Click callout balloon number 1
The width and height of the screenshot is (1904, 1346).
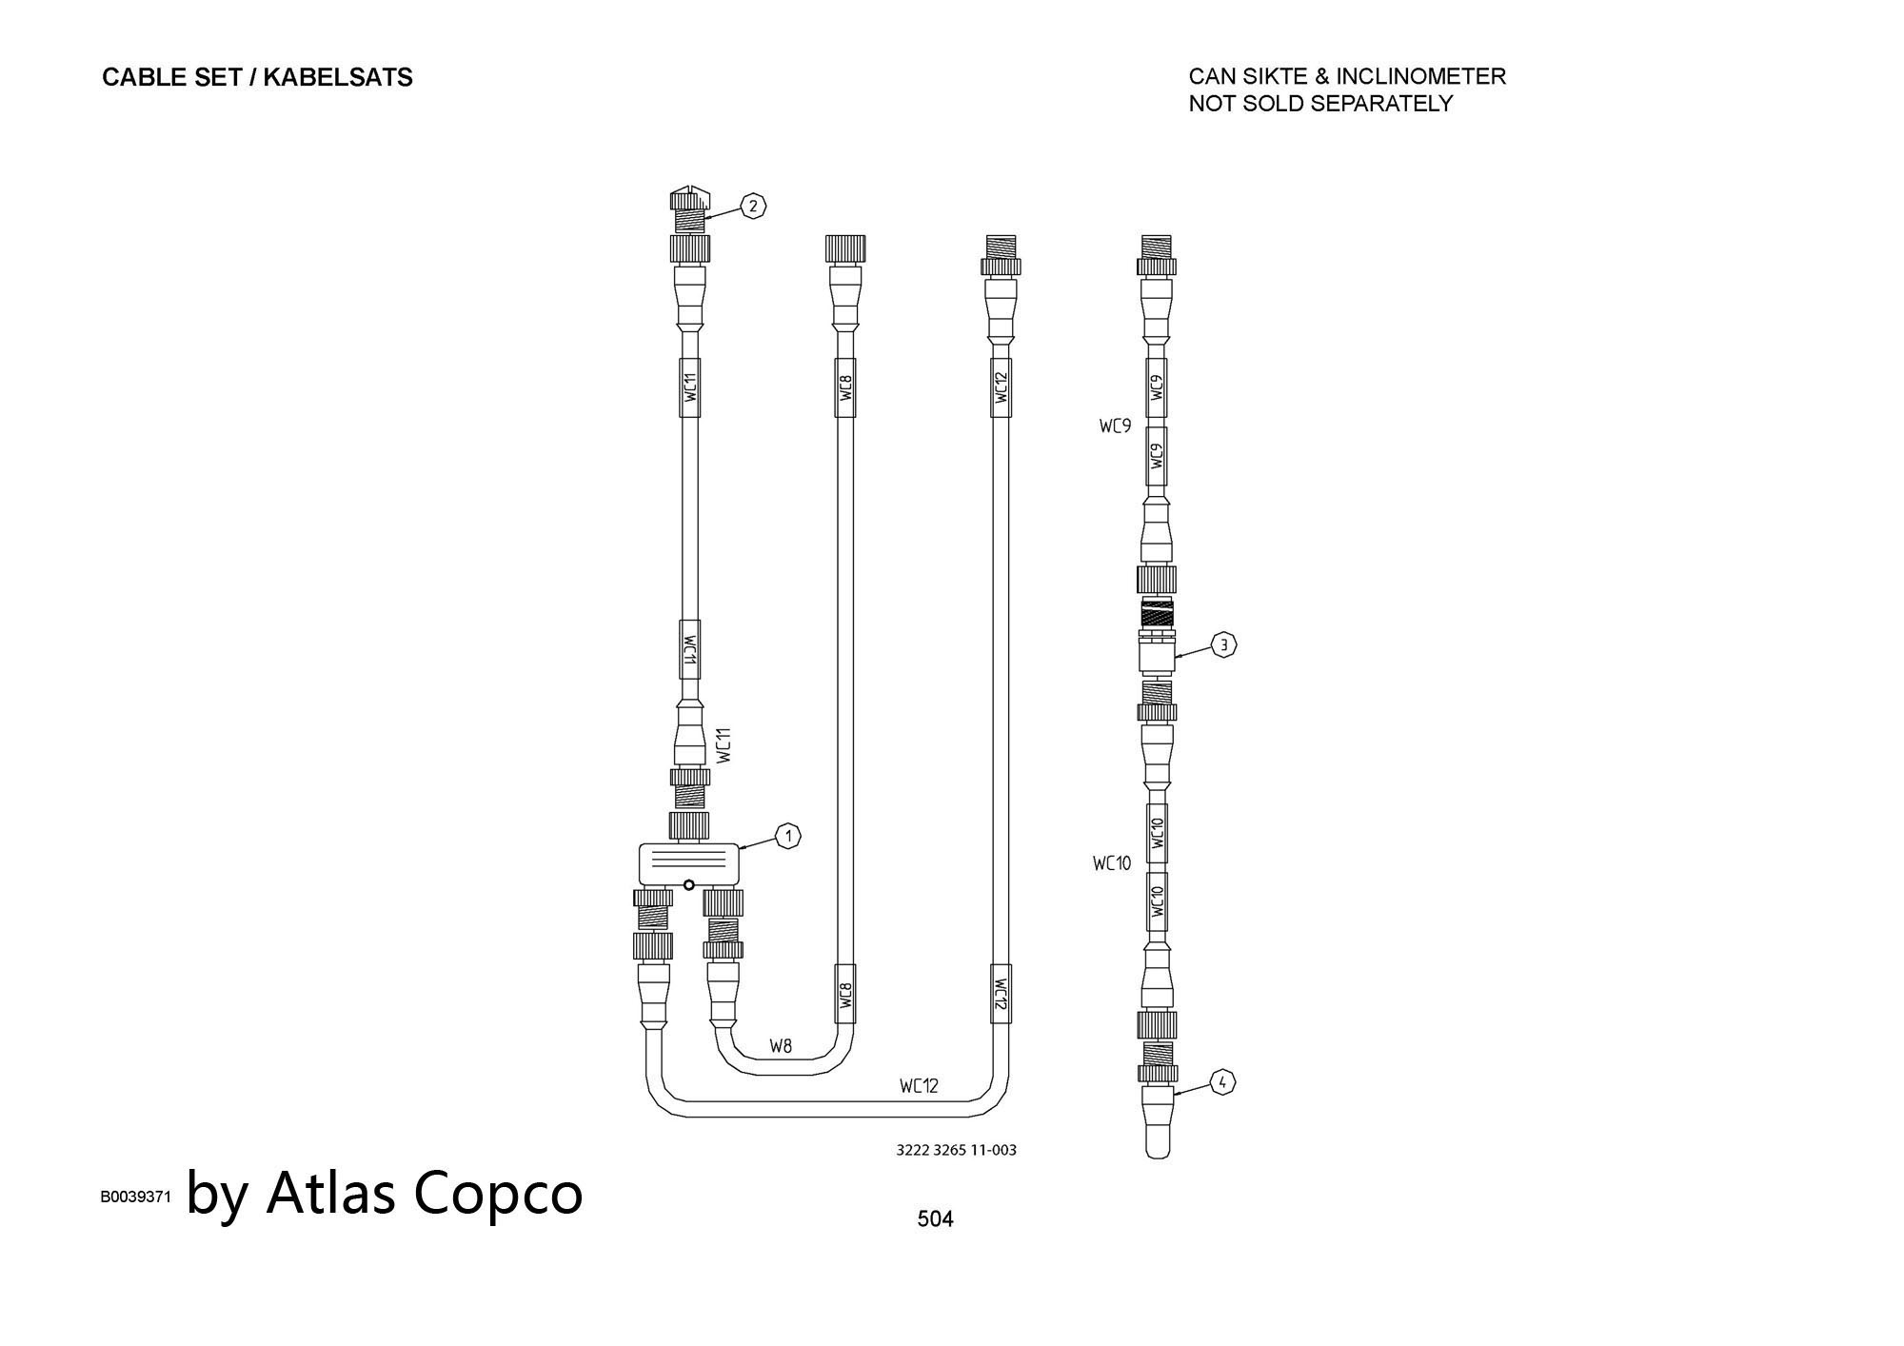click(788, 837)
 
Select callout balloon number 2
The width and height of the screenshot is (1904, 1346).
click(753, 206)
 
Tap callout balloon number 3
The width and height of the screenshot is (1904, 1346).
click(1224, 645)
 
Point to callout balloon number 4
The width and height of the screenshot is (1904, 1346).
click(1223, 1081)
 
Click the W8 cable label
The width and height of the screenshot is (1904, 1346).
click(781, 1046)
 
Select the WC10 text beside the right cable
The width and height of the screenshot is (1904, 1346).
click(1111, 863)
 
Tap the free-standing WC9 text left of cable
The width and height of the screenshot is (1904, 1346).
click(1115, 426)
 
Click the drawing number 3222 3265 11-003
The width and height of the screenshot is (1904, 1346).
click(956, 1150)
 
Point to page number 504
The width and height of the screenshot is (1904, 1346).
click(935, 1218)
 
